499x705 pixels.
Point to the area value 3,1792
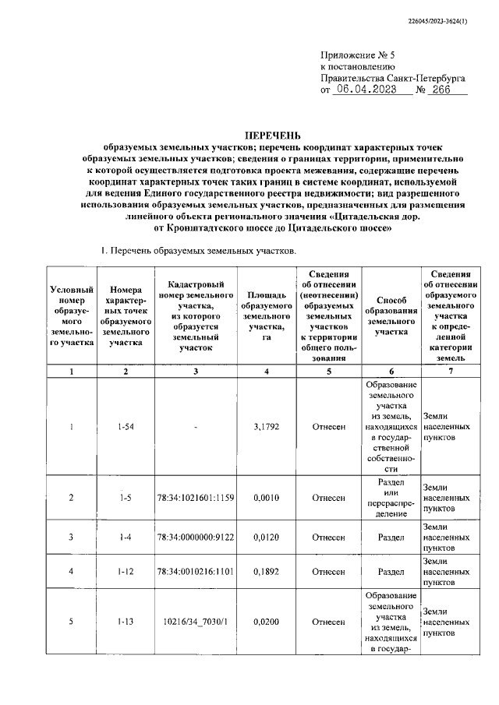(267, 426)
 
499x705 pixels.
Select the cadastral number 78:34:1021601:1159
(195, 497)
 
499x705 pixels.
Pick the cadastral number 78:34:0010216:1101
(195, 572)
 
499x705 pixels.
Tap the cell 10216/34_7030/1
(195, 622)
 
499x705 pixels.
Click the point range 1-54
(125, 426)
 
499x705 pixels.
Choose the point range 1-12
(125, 572)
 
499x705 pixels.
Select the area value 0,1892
(267, 572)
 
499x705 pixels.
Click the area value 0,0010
(267, 497)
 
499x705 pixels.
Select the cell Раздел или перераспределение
(391, 497)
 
